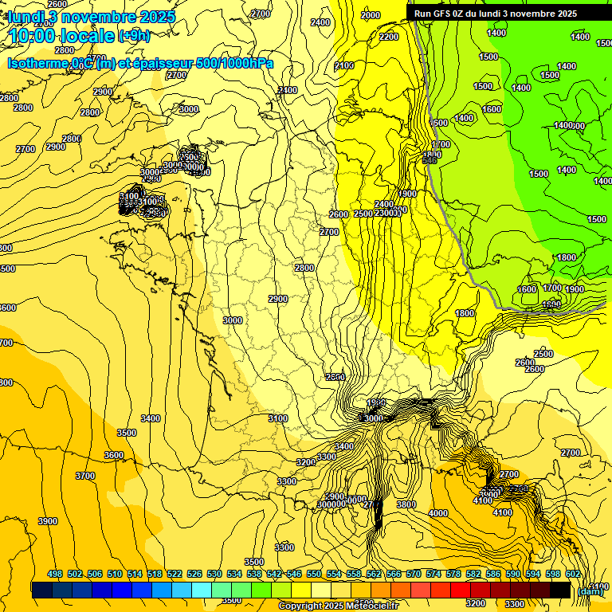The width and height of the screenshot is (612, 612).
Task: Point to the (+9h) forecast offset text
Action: (133, 35)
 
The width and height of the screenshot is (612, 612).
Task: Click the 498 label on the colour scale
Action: (55, 574)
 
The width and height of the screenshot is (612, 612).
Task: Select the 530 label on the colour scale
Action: (214, 574)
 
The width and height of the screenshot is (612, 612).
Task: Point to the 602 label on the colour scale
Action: (573, 574)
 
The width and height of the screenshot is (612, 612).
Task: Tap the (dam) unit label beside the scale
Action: (590, 590)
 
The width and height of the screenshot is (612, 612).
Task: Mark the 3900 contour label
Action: (48, 521)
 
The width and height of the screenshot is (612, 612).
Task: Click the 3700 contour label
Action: (85, 476)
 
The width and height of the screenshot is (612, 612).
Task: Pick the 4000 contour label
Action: (438, 513)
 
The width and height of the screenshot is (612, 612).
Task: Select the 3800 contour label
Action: (406, 504)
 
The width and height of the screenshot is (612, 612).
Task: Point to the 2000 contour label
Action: (371, 15)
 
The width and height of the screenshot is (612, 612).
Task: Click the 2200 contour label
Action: (389, 37)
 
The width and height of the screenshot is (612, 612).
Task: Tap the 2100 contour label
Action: (344, 65)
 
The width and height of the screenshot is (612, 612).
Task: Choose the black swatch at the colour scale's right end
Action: (560, 590)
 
